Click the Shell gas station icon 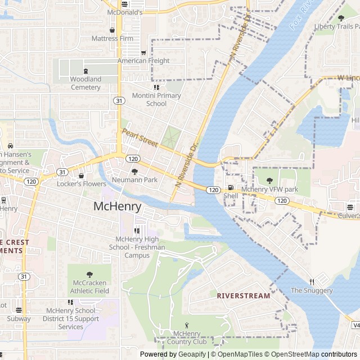[x=230, y=188]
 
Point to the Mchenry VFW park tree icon [x=269, y=181]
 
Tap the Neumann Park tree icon [x=134, y=171]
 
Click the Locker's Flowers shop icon [x=81, y=175]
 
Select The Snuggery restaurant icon [x=311, y=282]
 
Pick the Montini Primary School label [x=156, y=100]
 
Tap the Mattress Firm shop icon [x=112, y=30]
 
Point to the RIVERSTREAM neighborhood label [x=244, y=295]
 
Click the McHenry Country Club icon [x=188, y=325]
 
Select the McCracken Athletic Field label [x=89, y=287]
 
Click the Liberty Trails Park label [x=336, y=26]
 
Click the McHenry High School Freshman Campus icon [x=136, y=231]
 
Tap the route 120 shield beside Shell [x=212, y=190]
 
